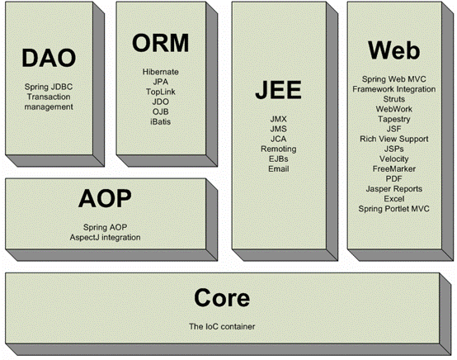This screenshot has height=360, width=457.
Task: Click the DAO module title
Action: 49,58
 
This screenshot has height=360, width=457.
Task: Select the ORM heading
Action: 161,43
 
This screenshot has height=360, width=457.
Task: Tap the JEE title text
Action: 278,89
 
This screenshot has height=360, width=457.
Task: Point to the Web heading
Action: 394,50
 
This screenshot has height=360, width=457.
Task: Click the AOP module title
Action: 105,198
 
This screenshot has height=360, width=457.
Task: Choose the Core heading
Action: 222,297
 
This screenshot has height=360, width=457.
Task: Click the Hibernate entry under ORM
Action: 161,72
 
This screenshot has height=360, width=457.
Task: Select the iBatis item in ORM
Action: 161,121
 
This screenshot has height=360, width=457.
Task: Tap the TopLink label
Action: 161,92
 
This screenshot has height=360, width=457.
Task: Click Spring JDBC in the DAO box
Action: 49,87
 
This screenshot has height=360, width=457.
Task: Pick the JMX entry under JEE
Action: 278,119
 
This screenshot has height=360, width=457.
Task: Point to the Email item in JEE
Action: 279,169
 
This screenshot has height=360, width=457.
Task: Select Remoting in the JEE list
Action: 279,149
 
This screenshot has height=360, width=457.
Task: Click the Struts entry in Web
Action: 394,99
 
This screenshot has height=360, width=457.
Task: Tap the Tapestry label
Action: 394,120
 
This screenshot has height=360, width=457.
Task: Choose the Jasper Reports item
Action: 394,189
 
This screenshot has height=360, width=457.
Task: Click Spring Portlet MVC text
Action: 394,209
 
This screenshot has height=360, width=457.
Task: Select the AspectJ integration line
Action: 105,238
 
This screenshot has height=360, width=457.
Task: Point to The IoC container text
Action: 222,326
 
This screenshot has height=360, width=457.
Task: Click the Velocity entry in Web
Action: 394,159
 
